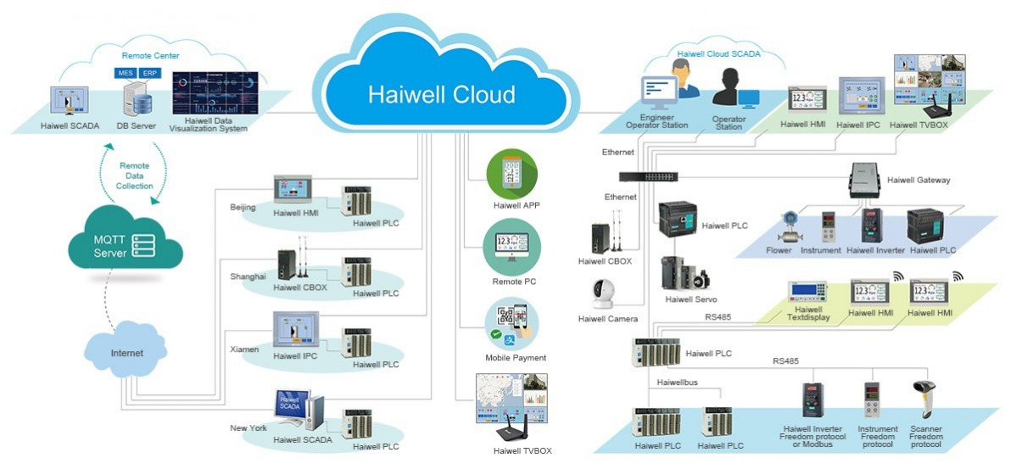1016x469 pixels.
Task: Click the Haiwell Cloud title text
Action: pos(441,93)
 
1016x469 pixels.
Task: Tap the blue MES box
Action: pos(126,74)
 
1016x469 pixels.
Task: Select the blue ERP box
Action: pos(149,74)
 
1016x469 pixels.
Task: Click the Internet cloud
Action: pos(126,351)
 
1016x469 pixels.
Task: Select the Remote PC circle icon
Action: pos(511,247)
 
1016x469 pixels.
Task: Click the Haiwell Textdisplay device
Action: pos(807,292)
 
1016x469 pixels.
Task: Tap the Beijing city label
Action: pos(243,207)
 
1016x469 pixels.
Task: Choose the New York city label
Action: pos(248,428)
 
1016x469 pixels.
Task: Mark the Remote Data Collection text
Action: pos(136,176)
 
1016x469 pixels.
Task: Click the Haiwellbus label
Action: pos(678,382)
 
